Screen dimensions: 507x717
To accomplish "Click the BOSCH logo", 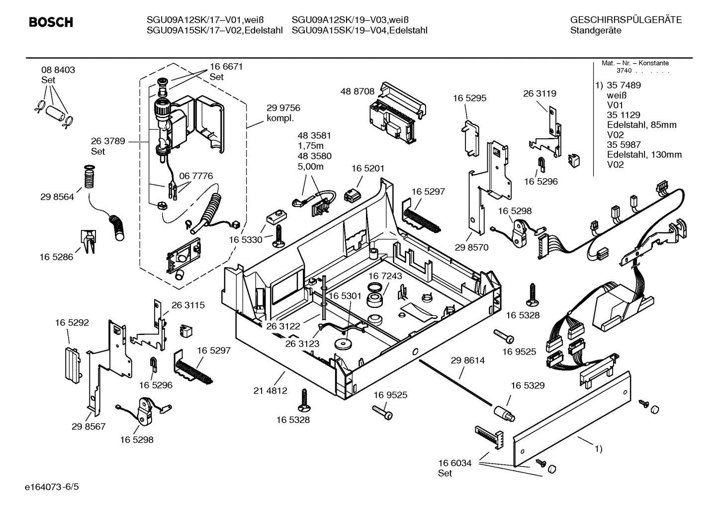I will coord(51,22).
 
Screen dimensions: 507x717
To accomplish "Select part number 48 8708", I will coord(357,91).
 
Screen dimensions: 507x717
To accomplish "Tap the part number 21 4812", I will coord(270,391).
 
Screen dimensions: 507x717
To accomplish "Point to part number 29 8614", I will coord(467,360).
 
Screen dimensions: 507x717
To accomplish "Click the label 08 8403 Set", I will coord(58,75).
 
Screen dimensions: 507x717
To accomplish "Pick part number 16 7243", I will coord(385,276).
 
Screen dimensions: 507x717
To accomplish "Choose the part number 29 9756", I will coord(283,108).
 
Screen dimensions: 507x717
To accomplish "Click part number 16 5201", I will coord(368,169).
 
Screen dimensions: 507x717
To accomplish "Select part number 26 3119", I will coord(539,94).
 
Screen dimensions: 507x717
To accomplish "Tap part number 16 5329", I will coord(528,385).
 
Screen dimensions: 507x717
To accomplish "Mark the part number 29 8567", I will coord(89,426).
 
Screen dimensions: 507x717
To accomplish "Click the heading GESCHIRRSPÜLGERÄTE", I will coord(626,20).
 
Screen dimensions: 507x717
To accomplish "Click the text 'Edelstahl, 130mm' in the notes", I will coord(644,155).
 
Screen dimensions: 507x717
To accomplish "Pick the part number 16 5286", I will coord(56,257).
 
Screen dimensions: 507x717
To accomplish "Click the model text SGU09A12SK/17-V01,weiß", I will coord(205,20).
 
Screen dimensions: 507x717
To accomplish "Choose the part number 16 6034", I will coord(454,463).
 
